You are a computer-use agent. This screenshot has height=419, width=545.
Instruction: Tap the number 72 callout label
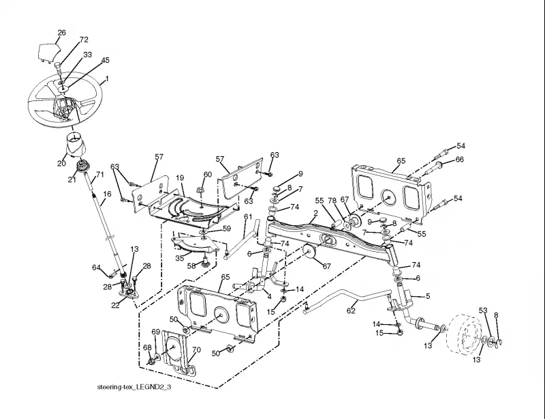84,40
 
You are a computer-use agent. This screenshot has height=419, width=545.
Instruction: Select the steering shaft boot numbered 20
75,145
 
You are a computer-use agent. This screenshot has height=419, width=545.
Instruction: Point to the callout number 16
108,194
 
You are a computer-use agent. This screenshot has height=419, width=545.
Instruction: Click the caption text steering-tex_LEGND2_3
134,387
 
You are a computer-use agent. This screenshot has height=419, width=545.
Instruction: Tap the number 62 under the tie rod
351,310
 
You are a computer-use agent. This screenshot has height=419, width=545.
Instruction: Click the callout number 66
459,160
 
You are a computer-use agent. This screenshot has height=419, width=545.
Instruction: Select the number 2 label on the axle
315,212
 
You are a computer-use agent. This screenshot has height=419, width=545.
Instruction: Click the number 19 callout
179,177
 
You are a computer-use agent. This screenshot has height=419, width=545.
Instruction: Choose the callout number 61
248,216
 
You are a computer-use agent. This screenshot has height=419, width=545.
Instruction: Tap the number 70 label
196,349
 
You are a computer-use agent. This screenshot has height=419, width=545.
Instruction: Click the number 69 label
156,332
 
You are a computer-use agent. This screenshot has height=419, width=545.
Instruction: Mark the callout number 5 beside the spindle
428,296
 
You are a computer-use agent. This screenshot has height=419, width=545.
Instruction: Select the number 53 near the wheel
483,310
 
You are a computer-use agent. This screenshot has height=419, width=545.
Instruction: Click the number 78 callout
332,200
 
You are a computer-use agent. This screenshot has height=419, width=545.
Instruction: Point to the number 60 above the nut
208,174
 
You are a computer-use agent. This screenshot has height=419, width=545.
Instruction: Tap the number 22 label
115,305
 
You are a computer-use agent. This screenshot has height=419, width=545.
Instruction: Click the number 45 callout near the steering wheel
105,60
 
